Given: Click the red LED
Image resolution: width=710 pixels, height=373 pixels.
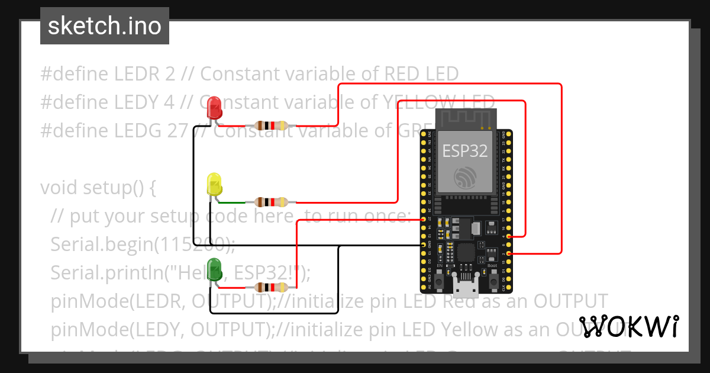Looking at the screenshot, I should pyautogui.click(x=214, y=108).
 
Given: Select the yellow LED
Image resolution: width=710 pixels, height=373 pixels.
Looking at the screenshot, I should pyautogui.click(x=214, y=184).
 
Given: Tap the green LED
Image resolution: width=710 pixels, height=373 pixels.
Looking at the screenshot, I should pyautogui.click(x=214, y=269).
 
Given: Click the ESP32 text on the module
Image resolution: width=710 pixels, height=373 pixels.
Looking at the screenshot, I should pyautogui.click(x=465, y=151).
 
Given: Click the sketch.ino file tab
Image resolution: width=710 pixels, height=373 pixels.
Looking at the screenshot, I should pyautogui.click(x=105, y=26).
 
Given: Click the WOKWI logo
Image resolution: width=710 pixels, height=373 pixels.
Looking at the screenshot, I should pyautogui.click(x=628, y=327).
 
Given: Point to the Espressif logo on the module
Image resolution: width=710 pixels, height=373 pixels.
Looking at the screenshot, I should pyautogui.click(x=465, y=178).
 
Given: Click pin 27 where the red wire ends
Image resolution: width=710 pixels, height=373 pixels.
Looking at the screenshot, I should pyautogui.click(x=424, y=219).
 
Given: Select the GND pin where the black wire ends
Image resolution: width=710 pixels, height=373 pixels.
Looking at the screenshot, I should pyautogui.click(x=424, y=245).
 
